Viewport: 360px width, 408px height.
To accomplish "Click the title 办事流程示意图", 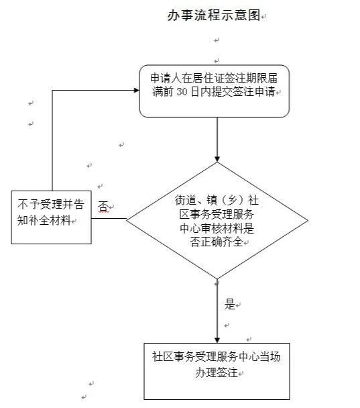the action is [x=214, y=15].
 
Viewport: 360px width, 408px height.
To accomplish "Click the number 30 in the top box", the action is [x=182, y=92].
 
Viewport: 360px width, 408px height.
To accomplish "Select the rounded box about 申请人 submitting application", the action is [x=215, y=91].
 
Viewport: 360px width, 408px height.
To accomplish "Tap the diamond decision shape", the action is [x=217, y=220].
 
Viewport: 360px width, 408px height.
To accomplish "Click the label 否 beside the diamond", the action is [x=103, y=207].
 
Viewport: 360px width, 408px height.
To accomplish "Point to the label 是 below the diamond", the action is [x=230, y=304].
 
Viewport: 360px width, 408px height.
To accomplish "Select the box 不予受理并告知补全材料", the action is [x=51, y=217].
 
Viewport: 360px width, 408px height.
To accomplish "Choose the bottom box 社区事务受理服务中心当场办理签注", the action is [x=217, y=371].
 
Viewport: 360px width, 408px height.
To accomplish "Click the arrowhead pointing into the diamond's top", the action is [x=217, y=159].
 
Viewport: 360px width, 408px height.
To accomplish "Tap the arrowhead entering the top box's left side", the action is [x=136, y=91].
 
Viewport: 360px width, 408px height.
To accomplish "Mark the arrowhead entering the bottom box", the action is [x=217, y=340].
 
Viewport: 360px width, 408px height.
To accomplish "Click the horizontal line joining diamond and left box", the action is [x=109, y=218].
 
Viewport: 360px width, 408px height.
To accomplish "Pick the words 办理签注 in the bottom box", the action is [x=217, y=372].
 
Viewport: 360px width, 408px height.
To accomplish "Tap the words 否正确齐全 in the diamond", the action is [x=217, y=242].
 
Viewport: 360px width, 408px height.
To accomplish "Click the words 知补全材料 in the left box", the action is [x=44, y=220].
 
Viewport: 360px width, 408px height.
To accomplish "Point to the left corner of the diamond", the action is [x=126, y=220].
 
